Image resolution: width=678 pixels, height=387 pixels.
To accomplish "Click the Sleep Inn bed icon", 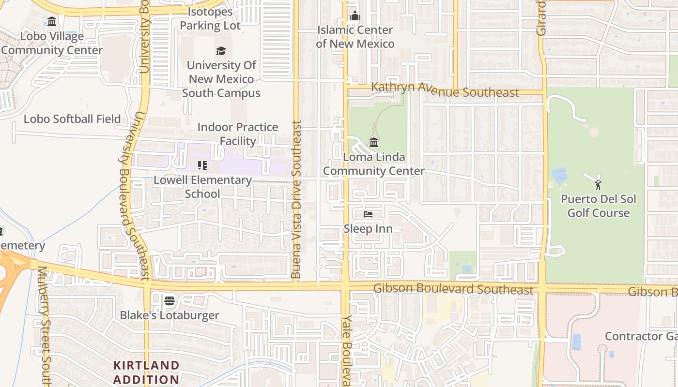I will pyautogui.click(x=368, y=214).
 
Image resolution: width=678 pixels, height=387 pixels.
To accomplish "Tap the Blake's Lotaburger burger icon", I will pyautogui.click(x=169, y=301).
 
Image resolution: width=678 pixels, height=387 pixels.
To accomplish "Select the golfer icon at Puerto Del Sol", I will pyautogui.click(x=598, y=184).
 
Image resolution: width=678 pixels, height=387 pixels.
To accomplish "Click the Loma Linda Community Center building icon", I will pyautogui.click(x=373, y=143).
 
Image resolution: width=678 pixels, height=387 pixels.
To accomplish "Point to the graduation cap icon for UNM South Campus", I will pyautogui.click(x=221, y=51).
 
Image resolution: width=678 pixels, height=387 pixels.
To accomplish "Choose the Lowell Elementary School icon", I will pyautogui.click(x=202, y=166).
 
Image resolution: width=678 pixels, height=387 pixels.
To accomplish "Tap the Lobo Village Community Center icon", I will pyautogui.click(x=52, y=22).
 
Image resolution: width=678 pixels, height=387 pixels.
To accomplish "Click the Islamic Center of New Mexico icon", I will pyautogui.click(x=355, y=16).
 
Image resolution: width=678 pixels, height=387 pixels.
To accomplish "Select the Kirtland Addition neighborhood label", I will pyautogui.click(x=146, y=372).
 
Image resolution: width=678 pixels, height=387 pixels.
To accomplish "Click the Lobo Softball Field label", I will pyautogui.click(x=72, y=119).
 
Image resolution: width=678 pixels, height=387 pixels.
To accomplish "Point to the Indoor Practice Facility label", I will pyautogui.click(x=238, y=134).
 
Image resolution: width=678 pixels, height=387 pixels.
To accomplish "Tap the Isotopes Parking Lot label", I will pyautogui.click(x=210, y=18).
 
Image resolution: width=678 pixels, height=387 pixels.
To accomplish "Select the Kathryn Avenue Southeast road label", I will pyautogui.click(x=445, y=90).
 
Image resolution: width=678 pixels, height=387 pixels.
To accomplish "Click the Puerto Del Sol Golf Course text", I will pyautogui.click(x=598, y=206).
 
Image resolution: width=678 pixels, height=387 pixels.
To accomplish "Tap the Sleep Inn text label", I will pyautogui.click(x=368, y=228).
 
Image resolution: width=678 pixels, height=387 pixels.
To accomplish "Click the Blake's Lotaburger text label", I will pyautogui.click(x=169, y=315).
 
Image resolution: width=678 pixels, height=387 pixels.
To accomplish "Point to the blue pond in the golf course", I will pyautogui.click(x=560, y=175).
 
